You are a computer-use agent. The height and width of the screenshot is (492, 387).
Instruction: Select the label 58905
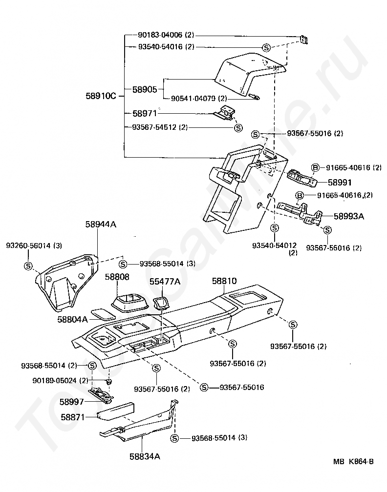coord(145,89)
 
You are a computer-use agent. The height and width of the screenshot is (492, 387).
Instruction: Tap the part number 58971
coord(145,113)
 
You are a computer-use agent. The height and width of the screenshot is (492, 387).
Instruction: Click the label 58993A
coord(349,215)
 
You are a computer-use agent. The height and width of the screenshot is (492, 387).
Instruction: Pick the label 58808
coord(117,277)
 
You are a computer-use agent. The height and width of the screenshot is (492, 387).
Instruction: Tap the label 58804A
coord(72,319)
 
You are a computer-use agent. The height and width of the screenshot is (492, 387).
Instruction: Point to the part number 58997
coord(72,402)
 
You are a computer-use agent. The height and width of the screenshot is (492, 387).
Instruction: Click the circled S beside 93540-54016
coord(266,47)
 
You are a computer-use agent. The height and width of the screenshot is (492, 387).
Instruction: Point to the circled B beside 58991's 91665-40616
coord(315,168)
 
